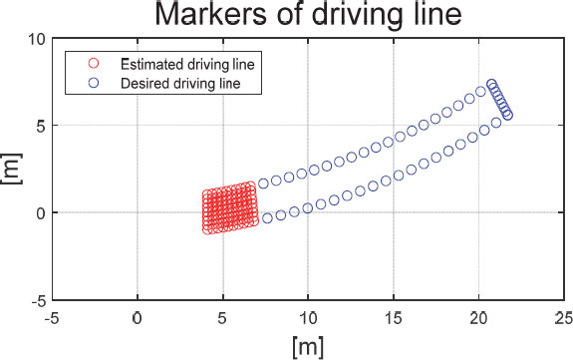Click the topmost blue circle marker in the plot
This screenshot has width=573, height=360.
491,85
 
